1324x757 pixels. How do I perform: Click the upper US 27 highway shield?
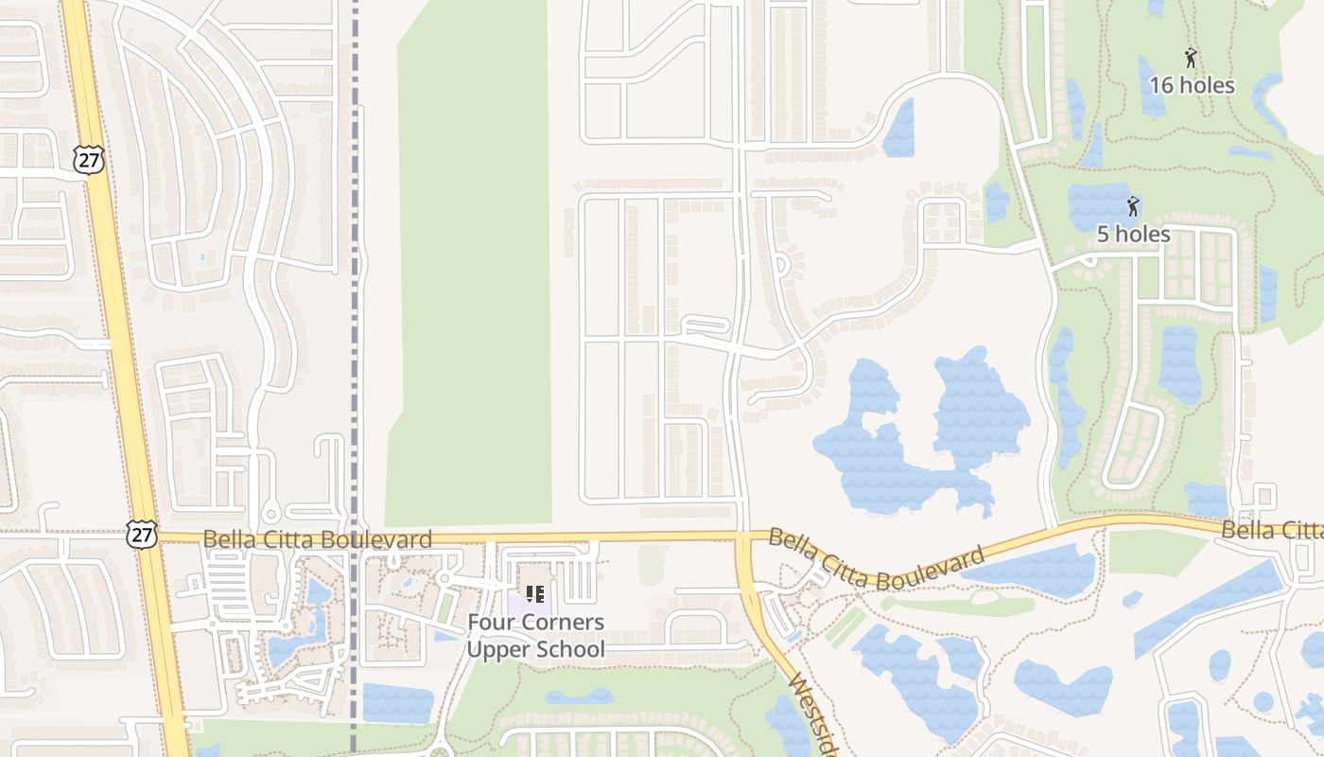click(89, 160)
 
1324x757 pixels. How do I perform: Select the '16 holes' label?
click(1192, 85)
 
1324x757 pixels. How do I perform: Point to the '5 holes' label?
click(1133, 234)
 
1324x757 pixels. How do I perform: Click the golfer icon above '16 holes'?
click(1191, 58)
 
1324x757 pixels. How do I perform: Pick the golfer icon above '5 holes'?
click(1133, 205)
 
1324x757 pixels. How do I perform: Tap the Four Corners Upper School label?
click(535, 636)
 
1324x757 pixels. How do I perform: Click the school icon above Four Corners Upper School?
click(535, 594)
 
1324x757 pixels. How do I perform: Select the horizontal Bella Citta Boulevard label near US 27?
click(318, 539)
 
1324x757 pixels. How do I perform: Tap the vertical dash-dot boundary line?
click(356, 284)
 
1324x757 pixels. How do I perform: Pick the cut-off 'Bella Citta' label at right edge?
click(1272, 530)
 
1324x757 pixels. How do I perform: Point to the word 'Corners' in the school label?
click(561, 623)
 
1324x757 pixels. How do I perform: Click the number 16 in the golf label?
click(1160, 85)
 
